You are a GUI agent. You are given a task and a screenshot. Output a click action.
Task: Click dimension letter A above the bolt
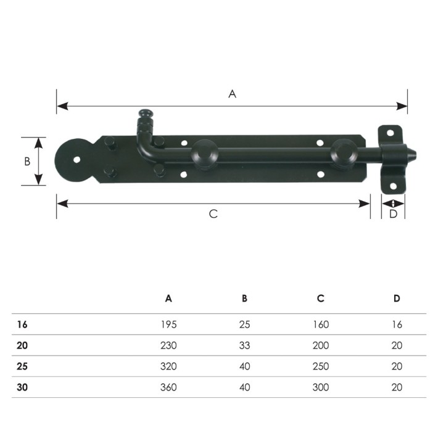pyautogui.click(x=232, y=94)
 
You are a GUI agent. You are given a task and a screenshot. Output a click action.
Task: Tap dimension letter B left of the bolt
pyautogui.click(x=27, y=162)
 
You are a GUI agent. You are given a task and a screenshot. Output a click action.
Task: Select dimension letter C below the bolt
pyautogui.click(x=213, y=214)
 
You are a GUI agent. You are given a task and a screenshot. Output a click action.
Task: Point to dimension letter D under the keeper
pyautogui.click(x=393, y=214)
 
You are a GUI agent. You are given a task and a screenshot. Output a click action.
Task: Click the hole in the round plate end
pyautogui.click(x=76, y=160)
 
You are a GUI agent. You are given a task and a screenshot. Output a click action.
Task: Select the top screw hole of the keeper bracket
pyautogui.click(x=390, y=133)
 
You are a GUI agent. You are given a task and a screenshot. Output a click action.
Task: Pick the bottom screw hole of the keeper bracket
pyautogui.click(x=394, y=186)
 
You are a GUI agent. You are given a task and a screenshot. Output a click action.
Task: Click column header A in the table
pyautogui.click(x=168, y=299)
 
